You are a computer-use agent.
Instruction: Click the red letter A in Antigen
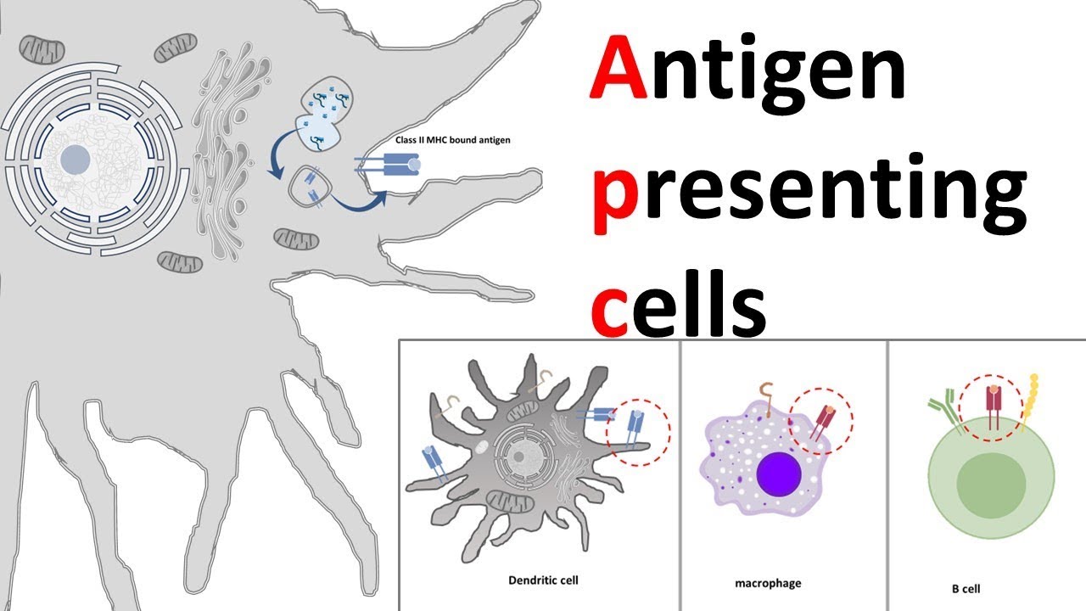(x=617, y=72)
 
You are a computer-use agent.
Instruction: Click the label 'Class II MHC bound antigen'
(x=452, y=140)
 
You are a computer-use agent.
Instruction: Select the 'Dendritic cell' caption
(x=544, y=580)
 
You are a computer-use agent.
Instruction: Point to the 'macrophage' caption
(x=767, y=583)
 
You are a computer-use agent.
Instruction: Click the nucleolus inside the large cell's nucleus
(x=76, y=158)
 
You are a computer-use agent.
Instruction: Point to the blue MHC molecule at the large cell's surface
(x=393, y=166)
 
